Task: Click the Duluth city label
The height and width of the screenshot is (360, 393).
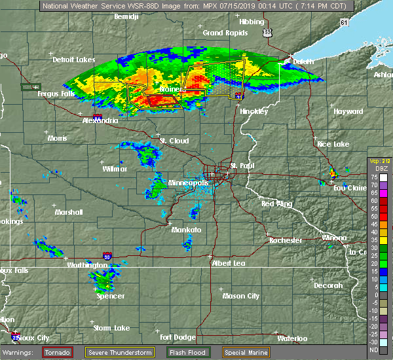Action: click(303, 61)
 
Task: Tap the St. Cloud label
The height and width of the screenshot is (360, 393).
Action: click(174, 141)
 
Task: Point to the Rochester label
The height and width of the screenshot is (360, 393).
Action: click(286, 240)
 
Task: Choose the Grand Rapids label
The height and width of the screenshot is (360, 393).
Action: click(222, 33)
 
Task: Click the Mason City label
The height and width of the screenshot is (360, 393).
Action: click(241, 296)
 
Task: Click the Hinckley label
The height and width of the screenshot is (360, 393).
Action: click(253, 111)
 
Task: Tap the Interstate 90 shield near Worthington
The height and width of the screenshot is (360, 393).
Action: click(107, 257)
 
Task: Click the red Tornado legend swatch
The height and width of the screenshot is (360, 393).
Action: click(58, 352)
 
